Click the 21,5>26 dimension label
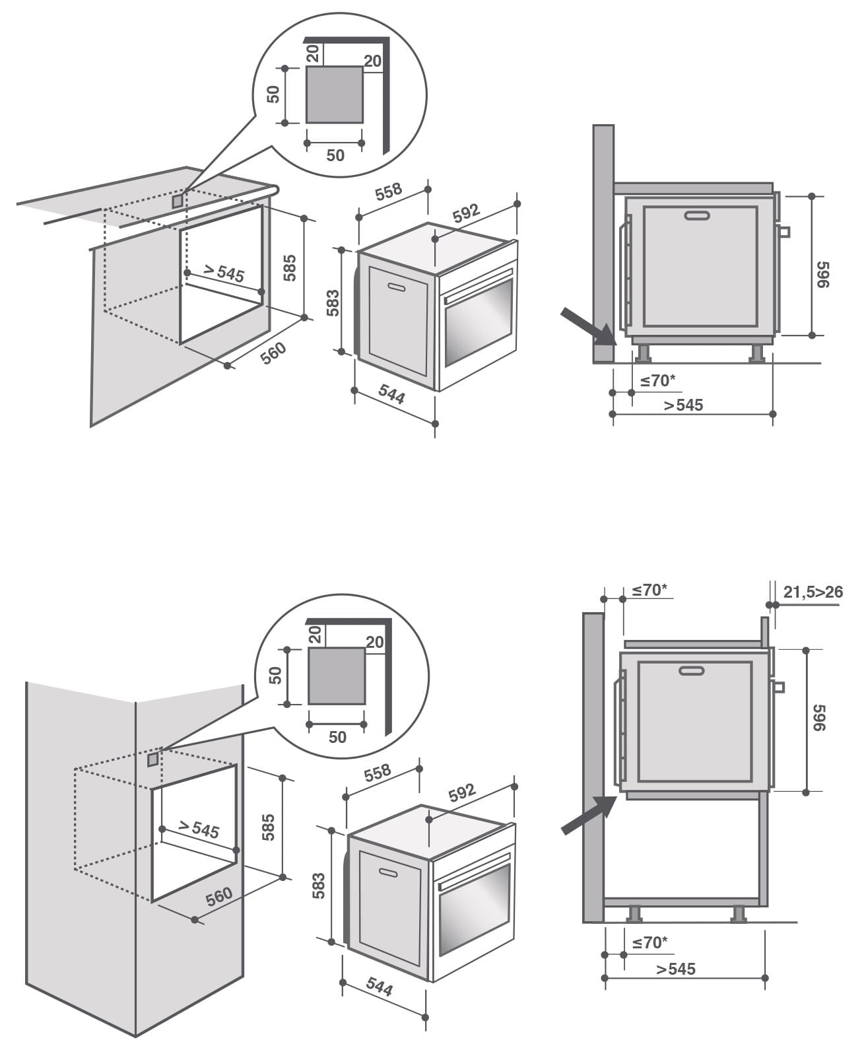coord(813,592)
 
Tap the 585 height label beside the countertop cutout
coord(290,267)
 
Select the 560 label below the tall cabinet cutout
coord(218,896)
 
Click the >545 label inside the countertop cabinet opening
coord(223,272)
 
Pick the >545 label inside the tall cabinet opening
coord(198,829)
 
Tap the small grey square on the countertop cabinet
coord(177,201)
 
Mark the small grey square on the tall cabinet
coord(152,759)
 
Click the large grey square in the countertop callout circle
coord(334,94)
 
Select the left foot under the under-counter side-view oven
coord(642,353)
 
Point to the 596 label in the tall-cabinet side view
coord(819,717)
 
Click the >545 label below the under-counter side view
coord(684,405)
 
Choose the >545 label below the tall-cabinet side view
coord(676,969)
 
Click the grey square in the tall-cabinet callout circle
coord(337,676)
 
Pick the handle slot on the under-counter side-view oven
coord(697,215)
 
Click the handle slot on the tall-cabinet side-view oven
coord(691,671)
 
